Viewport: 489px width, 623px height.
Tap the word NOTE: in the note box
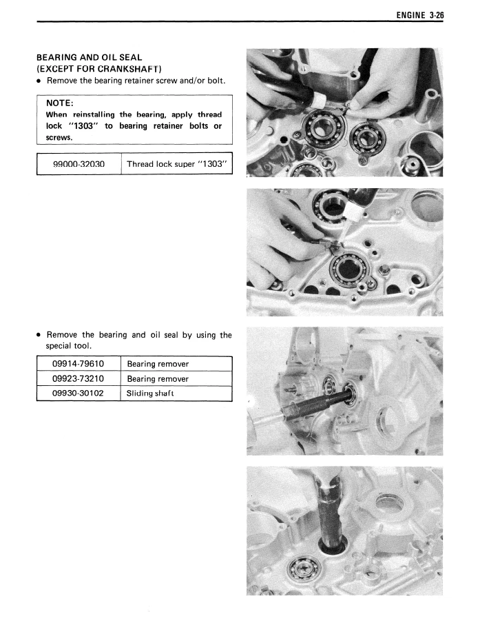pyautogui.click(x=60, y=103)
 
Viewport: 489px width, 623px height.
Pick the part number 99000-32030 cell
pyautogui.click(x=79, y=165)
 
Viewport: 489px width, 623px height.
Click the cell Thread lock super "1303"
pyautogui.click(x=176, y=165)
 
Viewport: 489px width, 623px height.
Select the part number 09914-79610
pyautogui.click(x=78, y=363)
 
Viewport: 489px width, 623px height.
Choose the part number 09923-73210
pyautogui.click(x=78, y=378)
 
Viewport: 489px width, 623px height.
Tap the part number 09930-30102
pyautogui.click(x=78, y=394)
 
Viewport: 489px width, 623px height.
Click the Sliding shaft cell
pyautogui.click(x=151, y=394)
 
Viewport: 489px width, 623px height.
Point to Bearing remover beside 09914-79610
pyautogui.click(x=158, y=363)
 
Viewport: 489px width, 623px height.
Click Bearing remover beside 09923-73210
pyautogui.click(x=158, y=378)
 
